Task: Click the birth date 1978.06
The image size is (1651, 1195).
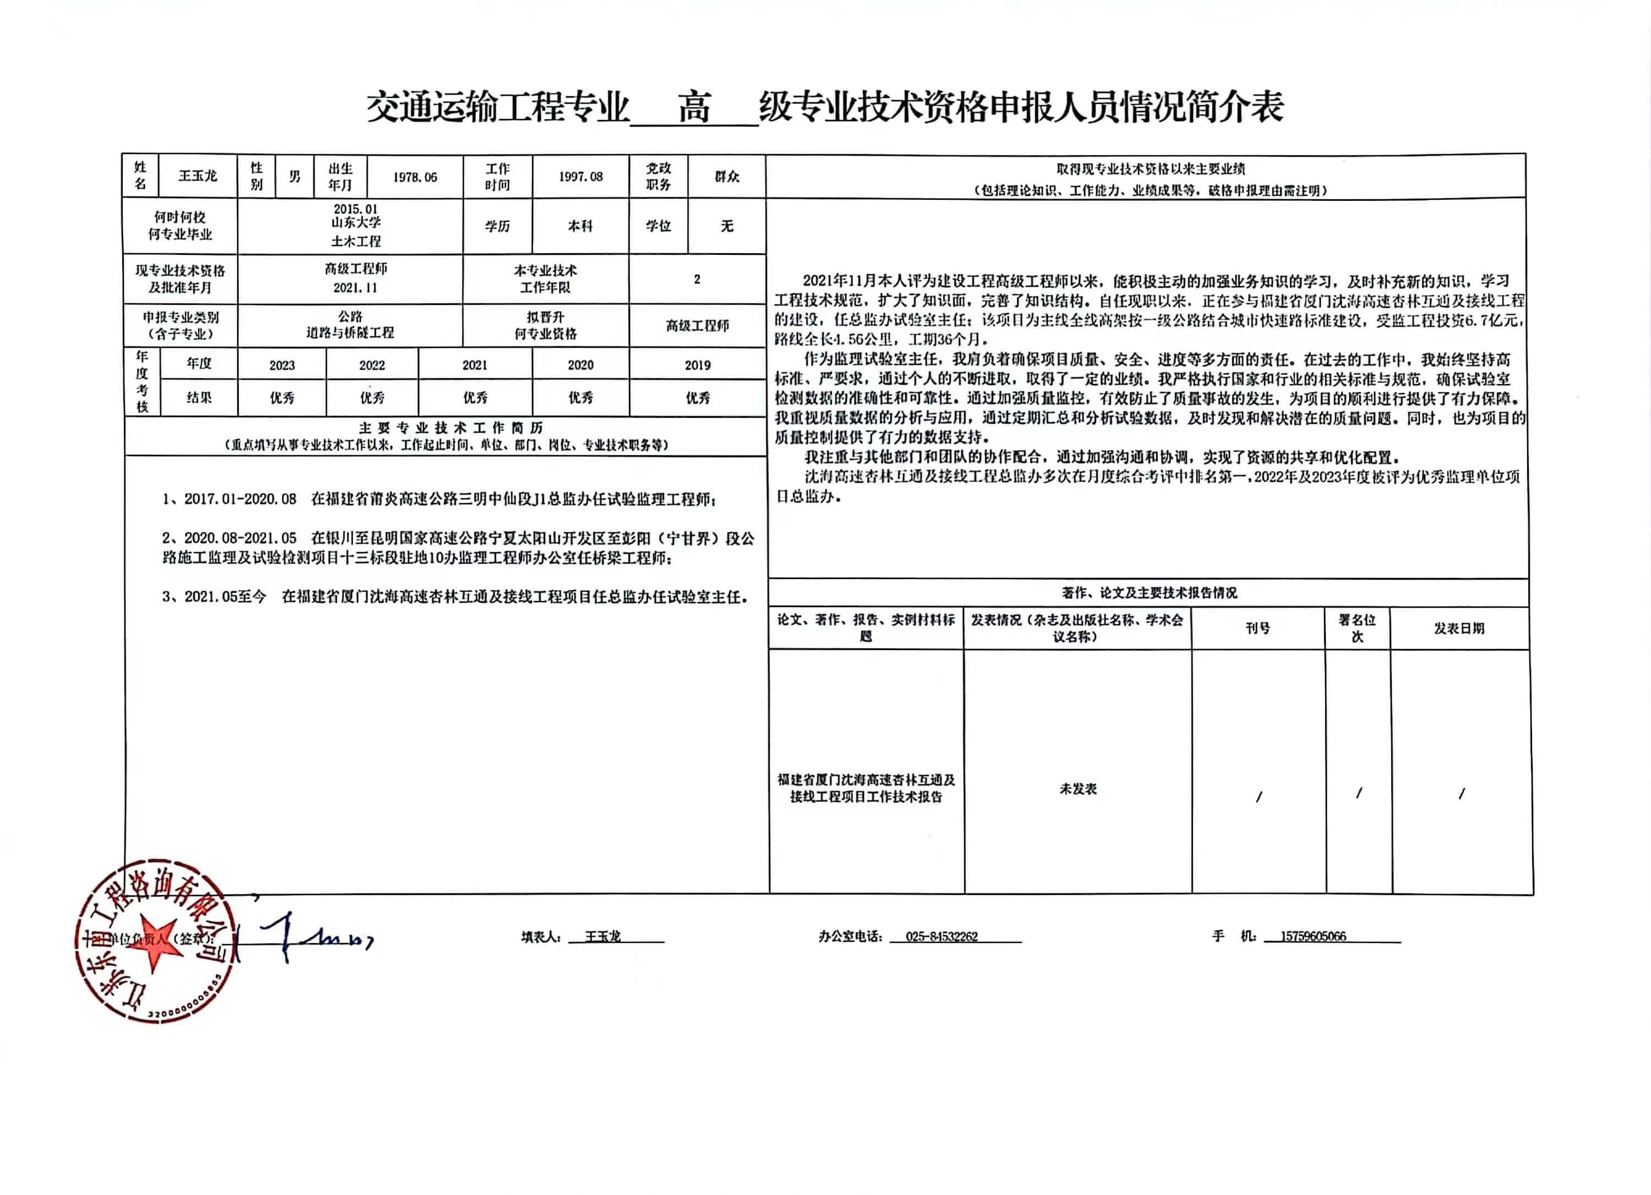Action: pyautogui.click(x=415, y=177)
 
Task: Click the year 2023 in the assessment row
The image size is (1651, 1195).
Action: pyautogui.click(x=282, y=365)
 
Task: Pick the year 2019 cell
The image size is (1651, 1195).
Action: pyautogui.click(x=697, y=365)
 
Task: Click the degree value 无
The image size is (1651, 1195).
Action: pyautogui.click(x=726, y=226)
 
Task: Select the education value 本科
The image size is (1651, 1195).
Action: pyautogui.click(x=580, y=226)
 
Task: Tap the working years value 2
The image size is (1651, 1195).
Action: pyautogui.click(x=697, y=279)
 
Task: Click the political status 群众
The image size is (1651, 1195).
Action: pyautogui.click(x=726, y=176)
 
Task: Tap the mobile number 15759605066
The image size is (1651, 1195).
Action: pyautogui.click(x=1313, y=936)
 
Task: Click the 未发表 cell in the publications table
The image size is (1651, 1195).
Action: pyautogui.click(x=1078, y=789)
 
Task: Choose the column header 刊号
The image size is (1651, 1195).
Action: pyautogui.click(x=1257, y=627)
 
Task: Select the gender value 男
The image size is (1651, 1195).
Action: pyautogui.click(x=294, y=176)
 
